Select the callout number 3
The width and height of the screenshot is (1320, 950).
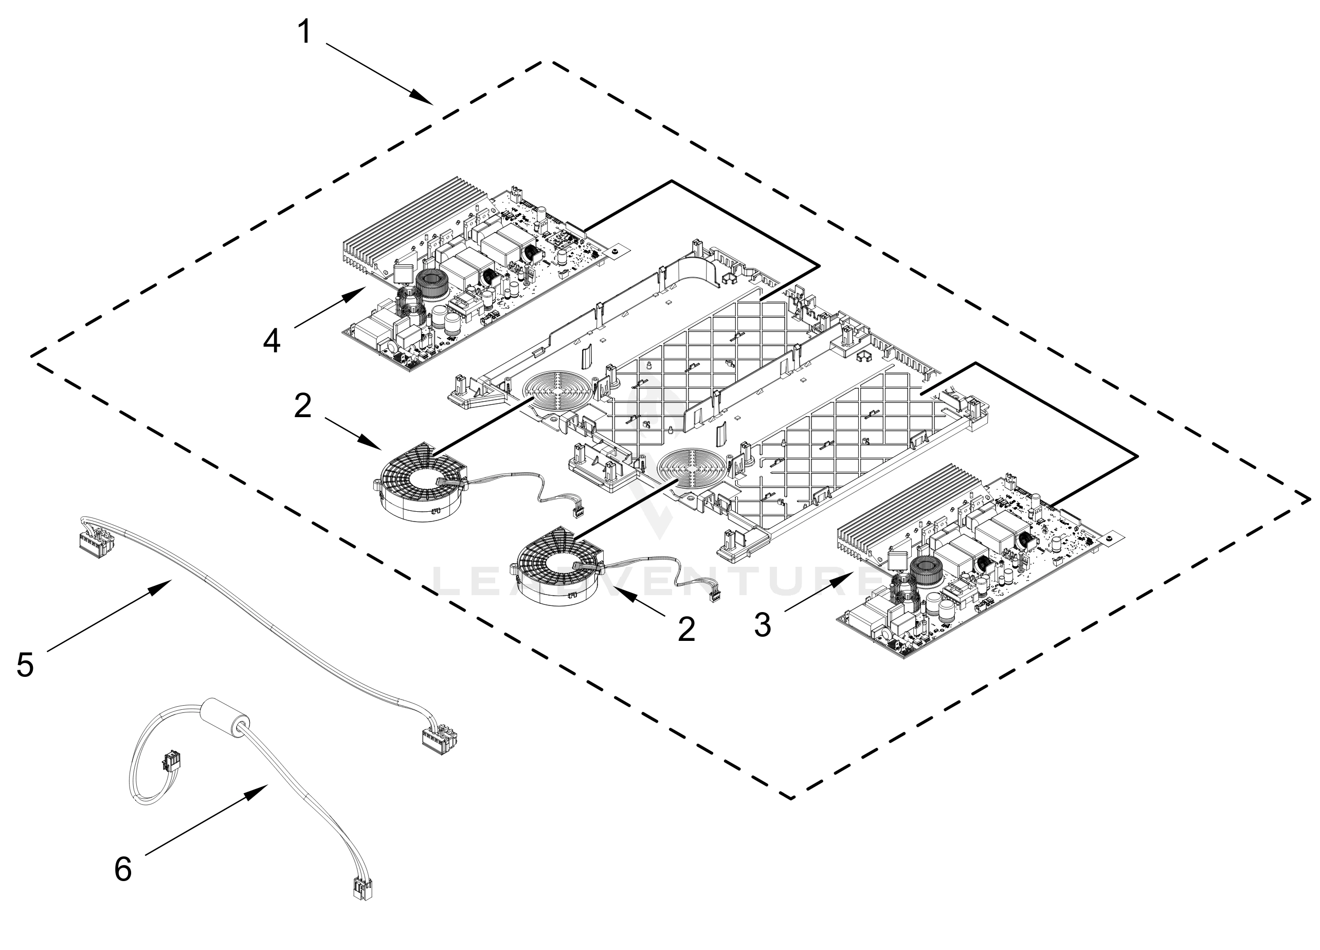762,624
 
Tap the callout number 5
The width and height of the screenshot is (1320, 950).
25,665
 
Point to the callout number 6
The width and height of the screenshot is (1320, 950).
123,870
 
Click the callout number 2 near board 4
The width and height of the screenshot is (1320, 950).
303,406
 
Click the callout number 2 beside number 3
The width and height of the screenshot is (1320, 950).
687,629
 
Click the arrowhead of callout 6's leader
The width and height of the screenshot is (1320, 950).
260,791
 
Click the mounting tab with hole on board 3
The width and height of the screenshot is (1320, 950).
1112,538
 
